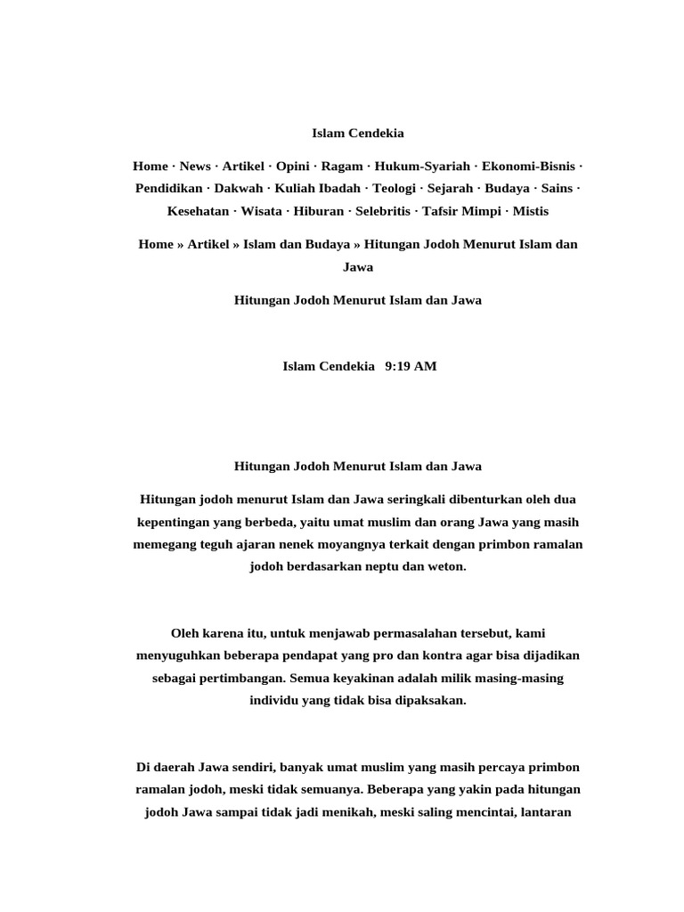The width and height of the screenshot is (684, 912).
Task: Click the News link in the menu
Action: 195,167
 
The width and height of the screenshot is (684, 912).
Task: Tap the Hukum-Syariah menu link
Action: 422,167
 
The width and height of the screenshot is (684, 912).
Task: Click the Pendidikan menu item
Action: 169,189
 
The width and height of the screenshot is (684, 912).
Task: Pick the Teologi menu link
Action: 394,189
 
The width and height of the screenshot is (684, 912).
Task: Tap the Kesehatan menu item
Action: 197,212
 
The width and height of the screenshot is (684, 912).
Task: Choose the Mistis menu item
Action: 531,212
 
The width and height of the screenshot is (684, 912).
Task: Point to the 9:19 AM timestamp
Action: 411,367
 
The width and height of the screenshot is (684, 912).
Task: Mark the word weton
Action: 444,566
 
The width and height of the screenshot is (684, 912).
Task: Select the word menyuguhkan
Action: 178,656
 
